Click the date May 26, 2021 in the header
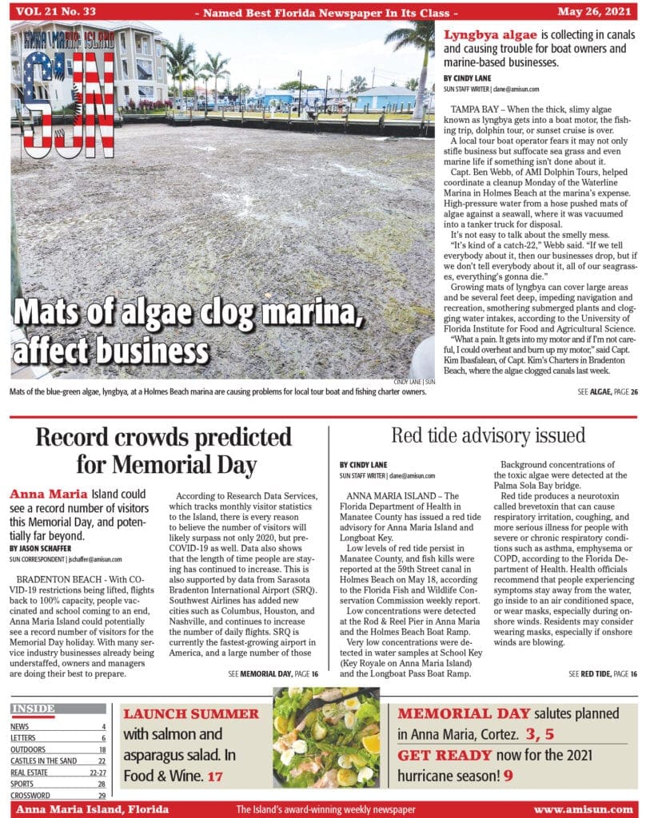coord(599,12)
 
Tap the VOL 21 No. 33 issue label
coord(49,12)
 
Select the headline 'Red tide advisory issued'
coord(488,435)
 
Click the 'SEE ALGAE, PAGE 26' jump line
coord(606,392)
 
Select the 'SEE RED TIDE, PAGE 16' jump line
coord(603,674)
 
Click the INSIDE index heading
coord(34,709)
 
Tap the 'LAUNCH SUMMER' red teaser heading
coord(191,714)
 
